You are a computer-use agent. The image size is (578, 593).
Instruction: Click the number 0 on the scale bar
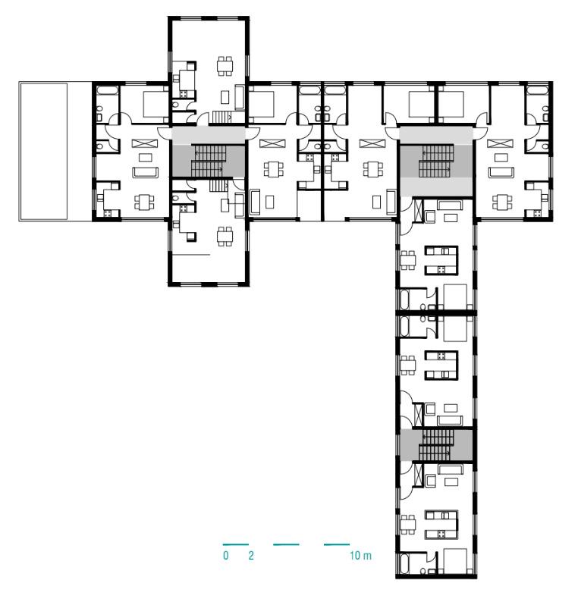point(226,556)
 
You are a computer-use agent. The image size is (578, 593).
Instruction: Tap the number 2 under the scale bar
point(251,556)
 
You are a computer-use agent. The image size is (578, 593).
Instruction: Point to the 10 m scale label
point(360,556)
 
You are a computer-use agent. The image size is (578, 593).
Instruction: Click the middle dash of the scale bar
point(286,544)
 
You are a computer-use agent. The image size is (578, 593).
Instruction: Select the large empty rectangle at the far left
point(43,151)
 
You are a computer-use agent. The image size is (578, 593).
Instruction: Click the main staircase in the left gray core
point(209,160)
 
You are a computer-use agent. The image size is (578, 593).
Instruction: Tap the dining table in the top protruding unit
point(225,66)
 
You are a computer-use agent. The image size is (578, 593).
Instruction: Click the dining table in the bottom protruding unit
point(225,237)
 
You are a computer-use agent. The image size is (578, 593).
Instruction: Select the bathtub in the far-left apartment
point(107,90)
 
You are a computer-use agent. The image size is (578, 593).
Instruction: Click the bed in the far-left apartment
point(155,104)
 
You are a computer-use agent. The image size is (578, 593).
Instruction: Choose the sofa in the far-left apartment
point(144,172)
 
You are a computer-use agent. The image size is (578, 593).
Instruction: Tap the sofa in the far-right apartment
point(501,172)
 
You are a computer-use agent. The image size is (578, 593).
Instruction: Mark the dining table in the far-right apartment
point(501,202)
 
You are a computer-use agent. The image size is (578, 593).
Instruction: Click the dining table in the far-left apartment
point(144,202)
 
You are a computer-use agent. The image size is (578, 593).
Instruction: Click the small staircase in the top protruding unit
point(221,117)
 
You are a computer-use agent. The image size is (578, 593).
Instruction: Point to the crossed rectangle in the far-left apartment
point(144,143)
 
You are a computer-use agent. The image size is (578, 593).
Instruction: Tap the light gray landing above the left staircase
point(209,135)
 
